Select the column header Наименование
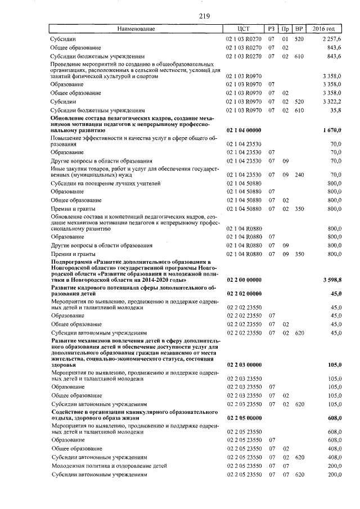tap(136, 29)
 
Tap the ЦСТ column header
tap(244, 29)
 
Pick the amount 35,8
tap(335, 110)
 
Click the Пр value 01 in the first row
tap(285, 39)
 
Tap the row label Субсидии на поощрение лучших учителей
tap(105, 183)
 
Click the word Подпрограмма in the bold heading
tap(73, 262)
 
